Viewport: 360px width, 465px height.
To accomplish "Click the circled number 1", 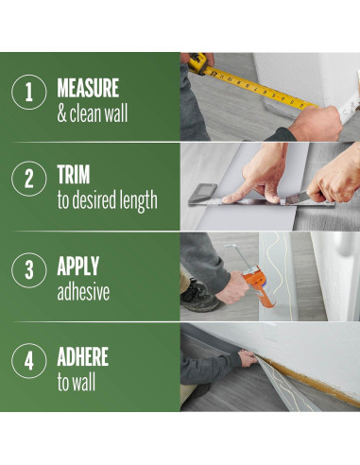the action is tap(29, 92).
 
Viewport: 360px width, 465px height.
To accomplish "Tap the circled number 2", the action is tap(29, 179).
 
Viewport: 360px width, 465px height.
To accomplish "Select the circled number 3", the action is tap(29, 270).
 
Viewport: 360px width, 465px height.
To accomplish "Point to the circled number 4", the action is tap(29, 361).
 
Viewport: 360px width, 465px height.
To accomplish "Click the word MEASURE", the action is tap(88, 88).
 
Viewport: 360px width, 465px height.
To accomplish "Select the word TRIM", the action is tap(74, 174).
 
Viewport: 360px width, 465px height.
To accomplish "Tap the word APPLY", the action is tap(78, 266).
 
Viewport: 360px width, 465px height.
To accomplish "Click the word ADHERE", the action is tap(83, 356).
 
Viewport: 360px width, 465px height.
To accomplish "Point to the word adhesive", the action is tap(83, 292).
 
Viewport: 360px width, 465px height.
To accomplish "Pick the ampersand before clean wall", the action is tap(61, 113).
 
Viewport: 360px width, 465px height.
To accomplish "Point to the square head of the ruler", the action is tap(202, 193).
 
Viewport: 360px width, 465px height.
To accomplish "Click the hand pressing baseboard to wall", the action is tap(248, 358).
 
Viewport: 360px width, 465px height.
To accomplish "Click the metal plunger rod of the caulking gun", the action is tap(239, 256).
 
